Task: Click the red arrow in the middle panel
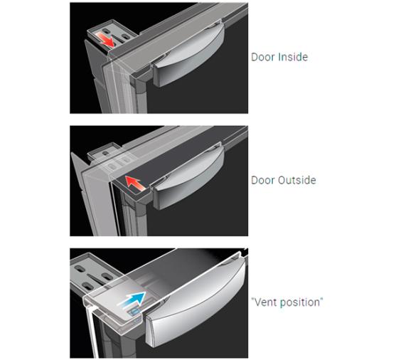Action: [x=135, y=183]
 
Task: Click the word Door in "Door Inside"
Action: [x=263, y=57]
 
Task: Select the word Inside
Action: [x=293, y=57]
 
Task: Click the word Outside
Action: [x=296, y=180]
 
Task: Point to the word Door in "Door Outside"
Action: [x=263, y=180]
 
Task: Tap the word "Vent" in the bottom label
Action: [x=264, y=302]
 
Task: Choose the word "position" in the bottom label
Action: [x=301, y=303]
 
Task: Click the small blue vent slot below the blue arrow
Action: [x=134, y=312]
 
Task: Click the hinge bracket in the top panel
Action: [x=112, y=33]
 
